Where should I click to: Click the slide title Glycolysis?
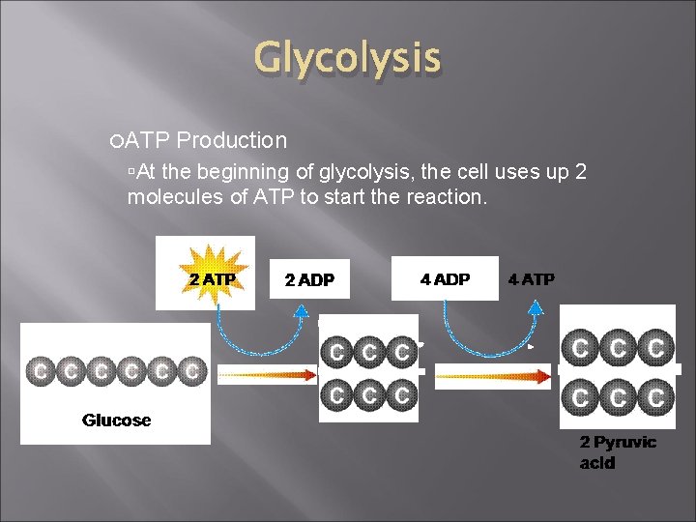(x=347, y=59)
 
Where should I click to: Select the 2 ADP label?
(x=309, y=280)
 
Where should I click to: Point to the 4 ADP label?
(x=445, y=279)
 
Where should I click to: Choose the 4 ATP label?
(x=532, y=279)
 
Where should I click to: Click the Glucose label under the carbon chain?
(x=116, y=420)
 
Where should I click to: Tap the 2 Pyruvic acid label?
(x=618, y=452)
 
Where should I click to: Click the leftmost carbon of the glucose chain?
(x=42, y=369)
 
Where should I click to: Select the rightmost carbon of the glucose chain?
(x=192, y=369)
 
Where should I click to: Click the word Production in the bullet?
(x=232, y=140)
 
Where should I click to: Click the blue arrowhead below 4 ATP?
(x=535, y=309)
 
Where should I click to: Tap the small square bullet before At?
(x=131, y=172)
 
